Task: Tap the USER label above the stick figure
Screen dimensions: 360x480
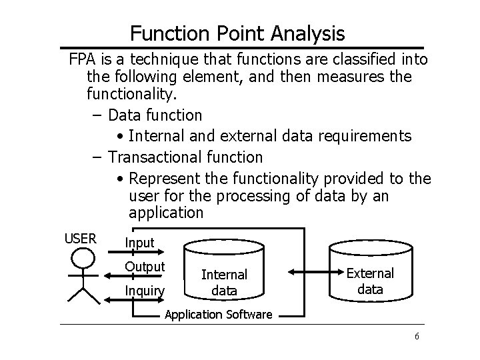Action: tap(80, 238)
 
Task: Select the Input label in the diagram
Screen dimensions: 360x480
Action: tap(139, 243)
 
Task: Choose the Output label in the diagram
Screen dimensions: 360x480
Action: tap(145, 267)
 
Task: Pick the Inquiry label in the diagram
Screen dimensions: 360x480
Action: tap(145, 290)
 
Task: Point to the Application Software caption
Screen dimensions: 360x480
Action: tap(218, 314)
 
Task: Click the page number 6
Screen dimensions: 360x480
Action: tap(417, 336)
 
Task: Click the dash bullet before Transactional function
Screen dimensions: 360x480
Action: tap(97, 157)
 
